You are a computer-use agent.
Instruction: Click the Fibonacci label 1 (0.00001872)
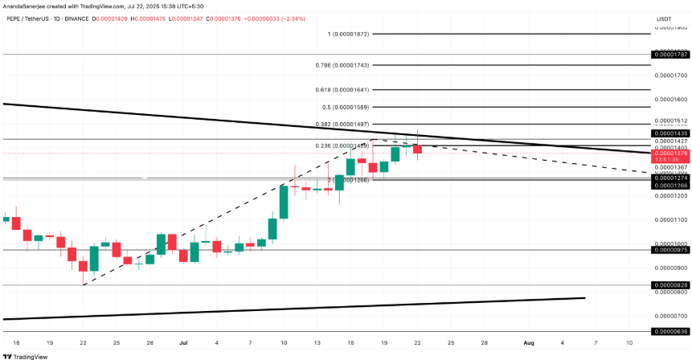[x=349, y=35]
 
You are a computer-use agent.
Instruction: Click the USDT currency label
[x=664, y=18]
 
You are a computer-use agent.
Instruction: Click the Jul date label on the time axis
[x=182, y=342]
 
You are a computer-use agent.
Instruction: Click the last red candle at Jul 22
[x=417, y=149]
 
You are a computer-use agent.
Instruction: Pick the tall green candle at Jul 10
[x=284, y=201]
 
